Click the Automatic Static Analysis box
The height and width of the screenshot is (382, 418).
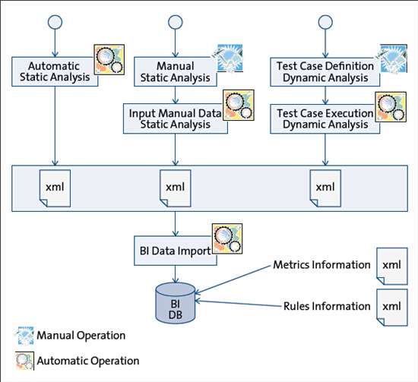55,71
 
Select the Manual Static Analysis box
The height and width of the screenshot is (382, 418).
175,71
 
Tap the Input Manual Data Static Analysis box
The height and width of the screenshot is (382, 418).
175,118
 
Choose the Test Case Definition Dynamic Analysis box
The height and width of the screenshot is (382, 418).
325,71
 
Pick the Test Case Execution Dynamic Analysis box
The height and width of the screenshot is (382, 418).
325,118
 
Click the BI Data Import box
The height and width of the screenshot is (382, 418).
175,251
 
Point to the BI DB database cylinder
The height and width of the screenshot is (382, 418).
175,303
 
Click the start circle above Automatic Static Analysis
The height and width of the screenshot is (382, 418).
55,22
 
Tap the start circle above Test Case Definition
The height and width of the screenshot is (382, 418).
325,22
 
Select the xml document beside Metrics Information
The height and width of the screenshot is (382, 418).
392,266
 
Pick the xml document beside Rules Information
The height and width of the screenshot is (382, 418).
392,308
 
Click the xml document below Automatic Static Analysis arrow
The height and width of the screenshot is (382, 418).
55,188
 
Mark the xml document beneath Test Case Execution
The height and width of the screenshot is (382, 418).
325,188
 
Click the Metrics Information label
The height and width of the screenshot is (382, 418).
321,265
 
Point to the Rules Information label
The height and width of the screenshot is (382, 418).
327,306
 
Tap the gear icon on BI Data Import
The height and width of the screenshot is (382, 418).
227,238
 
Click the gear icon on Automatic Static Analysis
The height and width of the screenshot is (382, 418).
109,59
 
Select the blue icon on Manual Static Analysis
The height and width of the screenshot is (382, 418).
228,58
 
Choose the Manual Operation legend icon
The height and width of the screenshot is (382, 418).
24,336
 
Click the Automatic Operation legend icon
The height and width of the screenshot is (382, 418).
25,361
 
